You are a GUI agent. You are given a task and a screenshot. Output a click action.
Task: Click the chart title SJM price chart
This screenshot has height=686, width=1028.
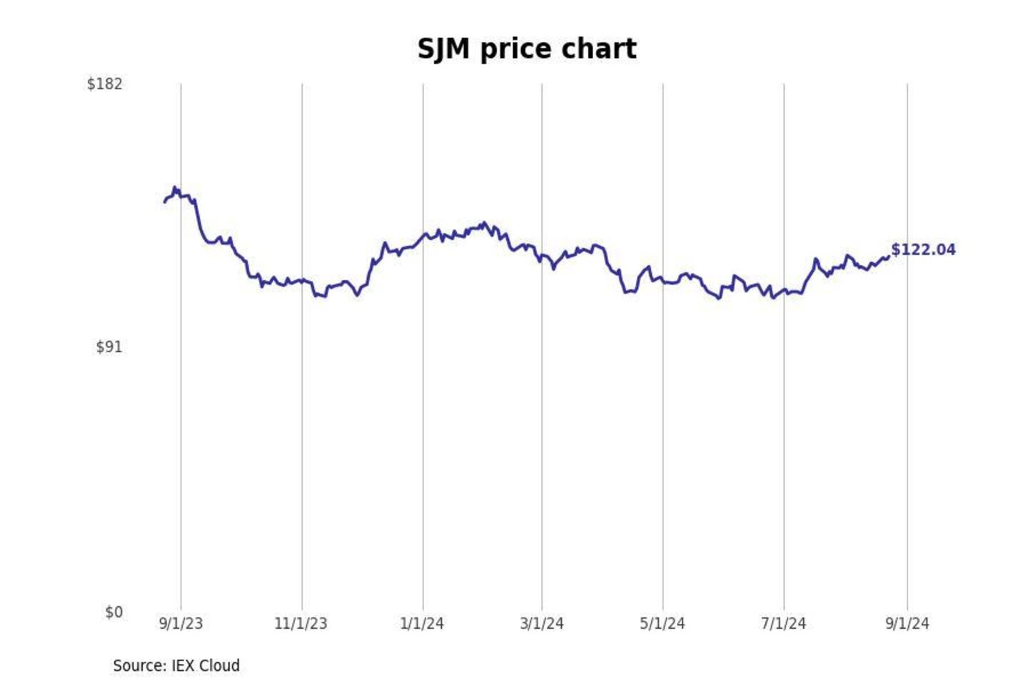(x=527, y=49)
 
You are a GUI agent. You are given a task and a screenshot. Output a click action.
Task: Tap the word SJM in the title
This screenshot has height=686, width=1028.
(x=443, y=49)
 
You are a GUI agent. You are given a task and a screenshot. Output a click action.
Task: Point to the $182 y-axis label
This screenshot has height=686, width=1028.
(x=105, y=84)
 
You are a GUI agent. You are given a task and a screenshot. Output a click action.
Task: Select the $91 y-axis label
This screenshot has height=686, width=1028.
(x=109, y=347)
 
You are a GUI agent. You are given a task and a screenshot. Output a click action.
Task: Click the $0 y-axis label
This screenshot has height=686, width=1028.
(x=114, y=612)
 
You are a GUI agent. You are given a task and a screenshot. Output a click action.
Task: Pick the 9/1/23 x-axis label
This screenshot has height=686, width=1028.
(x=181, y=624)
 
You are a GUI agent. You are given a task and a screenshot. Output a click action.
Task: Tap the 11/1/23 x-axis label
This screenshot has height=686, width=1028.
(x=301, y=624)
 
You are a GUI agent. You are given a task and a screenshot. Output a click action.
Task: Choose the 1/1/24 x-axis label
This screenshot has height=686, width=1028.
(x=422, y=624)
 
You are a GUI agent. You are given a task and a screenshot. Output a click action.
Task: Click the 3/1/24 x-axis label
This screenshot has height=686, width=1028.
(x=542, y=624)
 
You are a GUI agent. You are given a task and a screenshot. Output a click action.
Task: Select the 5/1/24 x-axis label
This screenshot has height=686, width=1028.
(x=662, y=624)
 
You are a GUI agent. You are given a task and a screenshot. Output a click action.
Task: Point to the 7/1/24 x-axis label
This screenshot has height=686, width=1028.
(x=783, y=624)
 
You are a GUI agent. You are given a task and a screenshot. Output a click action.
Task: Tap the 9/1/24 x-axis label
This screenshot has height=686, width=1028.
(x=907, y=624)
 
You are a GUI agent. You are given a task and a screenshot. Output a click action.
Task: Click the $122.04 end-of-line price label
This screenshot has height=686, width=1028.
(x=923, y=250)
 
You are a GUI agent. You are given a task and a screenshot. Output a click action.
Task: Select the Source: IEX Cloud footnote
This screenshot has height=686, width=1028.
(x=176, y=666)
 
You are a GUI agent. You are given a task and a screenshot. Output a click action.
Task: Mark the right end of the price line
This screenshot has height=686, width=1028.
(x=888, y=257)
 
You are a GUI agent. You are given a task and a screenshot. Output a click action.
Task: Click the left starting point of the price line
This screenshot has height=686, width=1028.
(x=165, y=202)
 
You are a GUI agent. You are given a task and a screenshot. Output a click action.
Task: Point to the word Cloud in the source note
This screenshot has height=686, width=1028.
(x=219, y=666)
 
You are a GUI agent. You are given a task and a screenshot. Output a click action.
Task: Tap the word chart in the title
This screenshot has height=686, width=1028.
(x=598, y=49)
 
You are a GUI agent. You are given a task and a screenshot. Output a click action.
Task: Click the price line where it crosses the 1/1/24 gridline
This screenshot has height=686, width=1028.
(x=423, y=237)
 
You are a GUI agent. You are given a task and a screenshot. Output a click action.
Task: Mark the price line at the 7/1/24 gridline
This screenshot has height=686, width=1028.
(x=784, y=290)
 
